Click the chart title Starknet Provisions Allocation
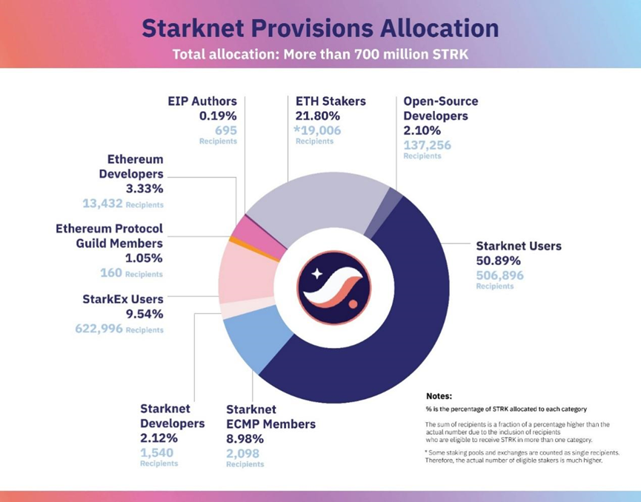point(320,27)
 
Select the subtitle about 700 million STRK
point(320,54)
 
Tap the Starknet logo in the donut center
point(330,284)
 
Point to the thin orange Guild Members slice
point(233,240)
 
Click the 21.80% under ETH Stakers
point(317,116)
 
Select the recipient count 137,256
point(428,144)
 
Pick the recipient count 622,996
point(99,329)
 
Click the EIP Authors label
point(202,101)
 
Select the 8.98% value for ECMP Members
point(245,438)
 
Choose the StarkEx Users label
point(122,299)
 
